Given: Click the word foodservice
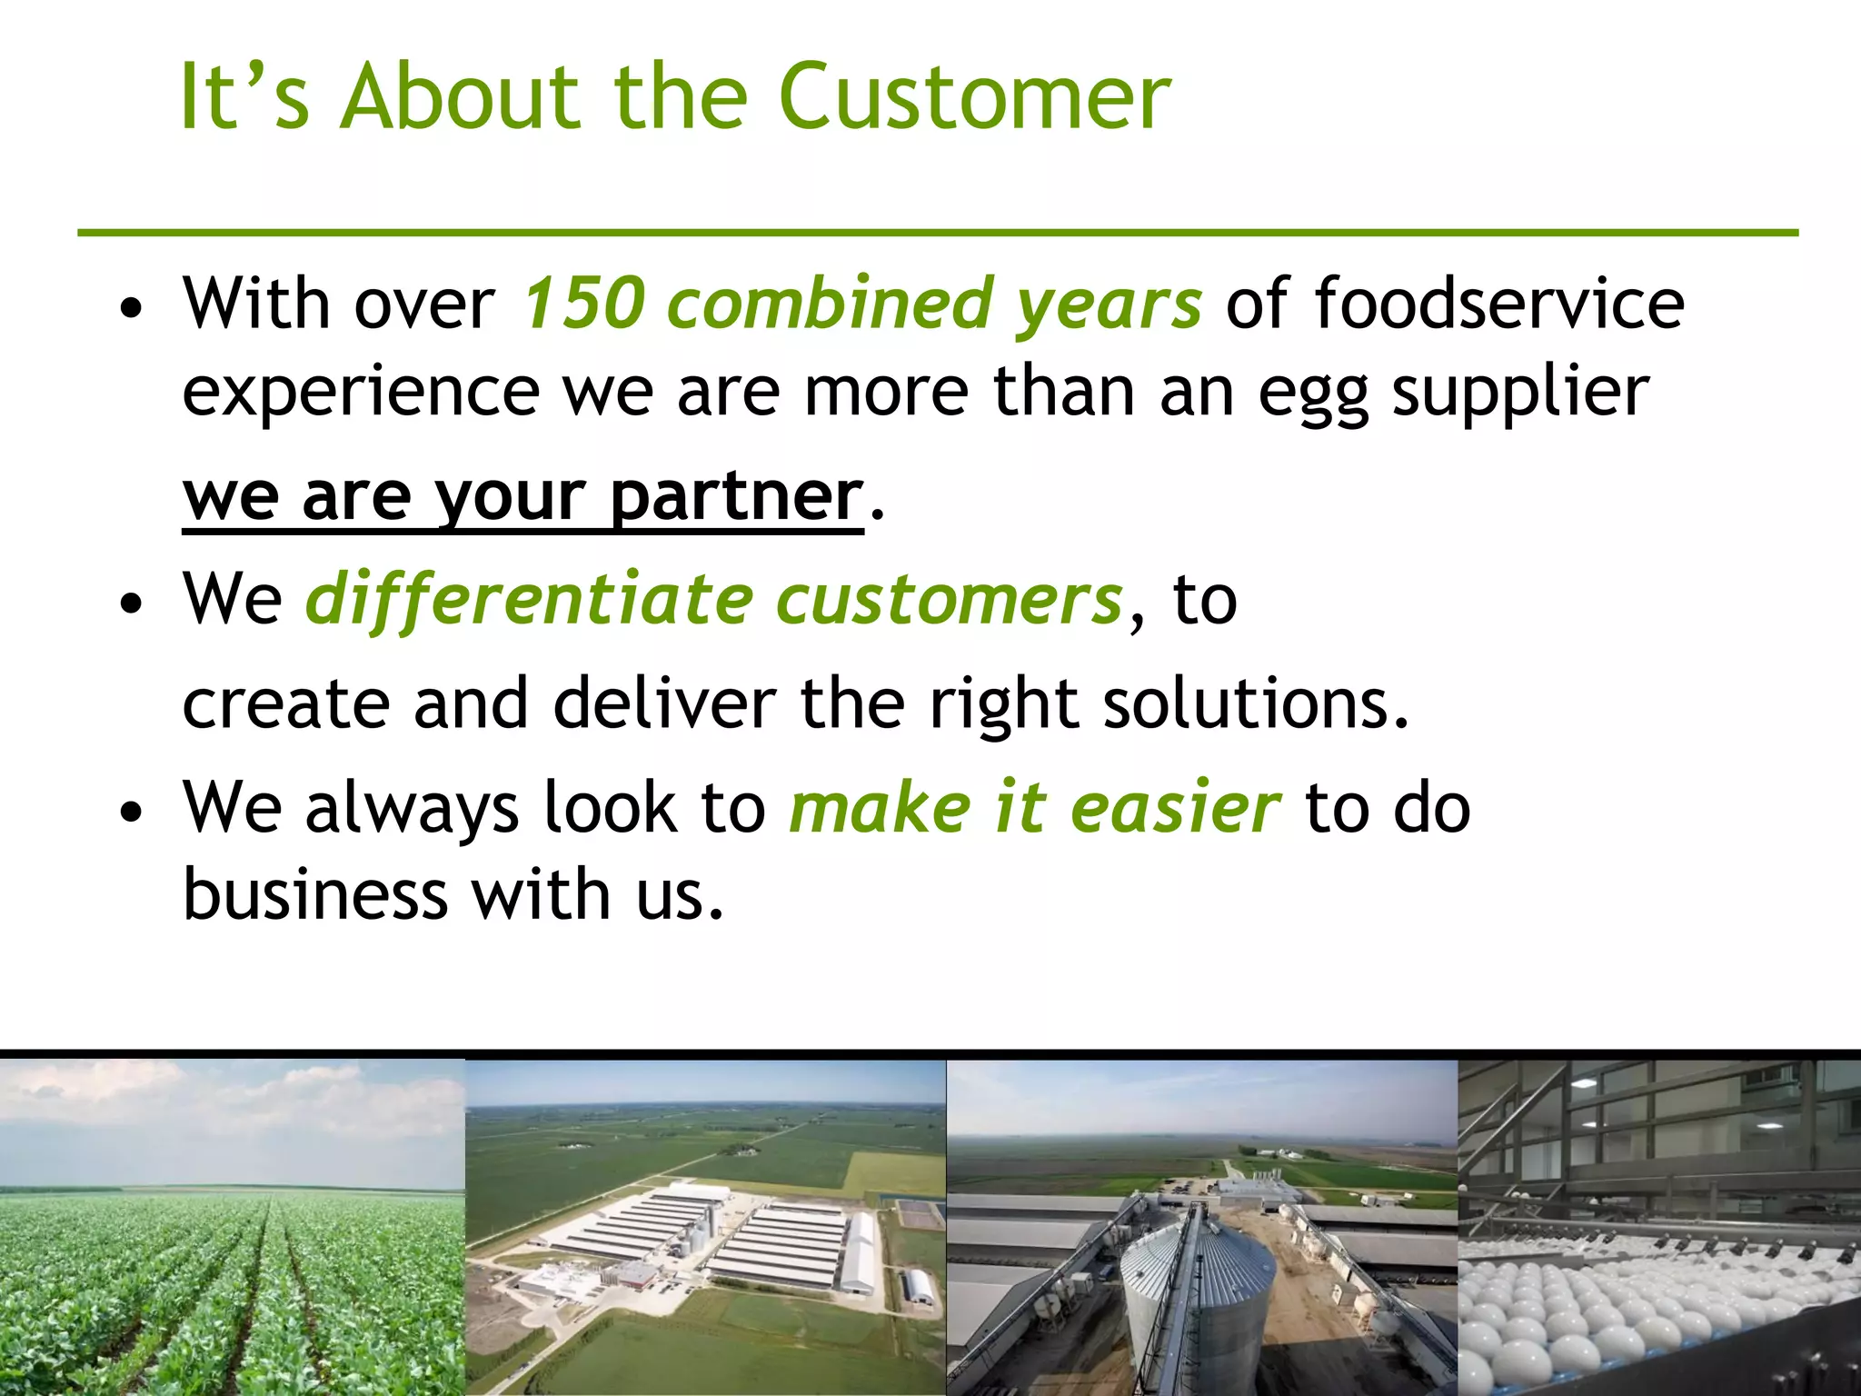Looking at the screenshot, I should click(x=1499, y=304).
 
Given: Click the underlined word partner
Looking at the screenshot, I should click(x=736, y=498).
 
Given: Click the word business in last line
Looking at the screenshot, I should click(x=315, y=896).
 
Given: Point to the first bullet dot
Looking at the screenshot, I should click(x=132, y=309).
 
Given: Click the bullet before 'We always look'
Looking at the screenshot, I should click(x=132, y=812).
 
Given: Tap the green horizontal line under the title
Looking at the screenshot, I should click(x=936, y=234).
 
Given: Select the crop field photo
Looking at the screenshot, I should click(x=232, y=1227).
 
